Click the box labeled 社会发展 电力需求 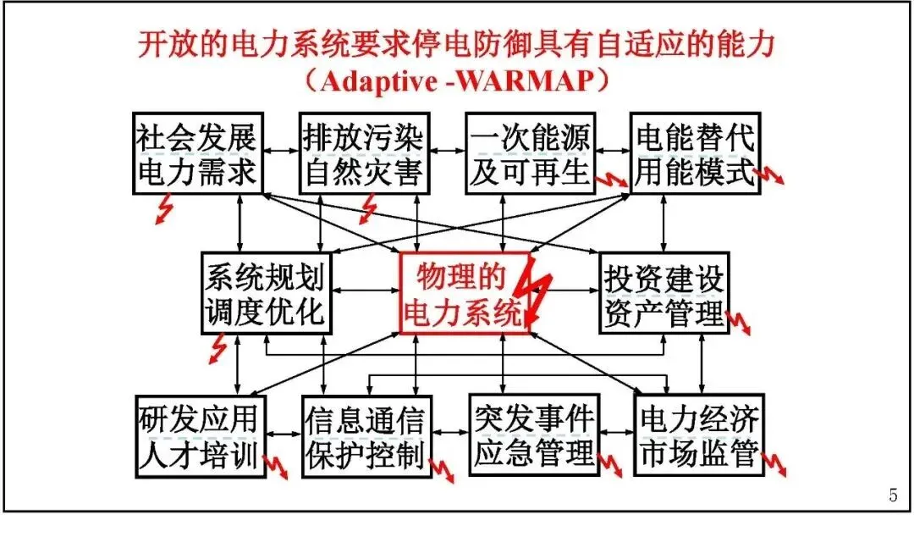point(195,153)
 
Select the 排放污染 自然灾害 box point(362,153)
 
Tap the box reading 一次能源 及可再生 point(530,153)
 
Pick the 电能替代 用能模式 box point(695,153)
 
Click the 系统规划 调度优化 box point(264,293)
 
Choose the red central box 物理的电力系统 point(464,293)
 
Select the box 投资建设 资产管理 point(663,293)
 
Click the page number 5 point(893,496)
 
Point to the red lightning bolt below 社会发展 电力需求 point(164,209)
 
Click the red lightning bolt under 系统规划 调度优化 point(218,346)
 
